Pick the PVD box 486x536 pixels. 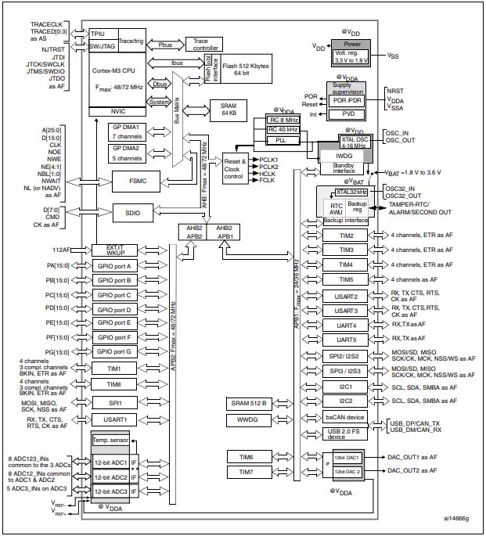pos(345,113)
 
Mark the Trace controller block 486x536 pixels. pos(207,44)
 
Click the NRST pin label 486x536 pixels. pos(395,91)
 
